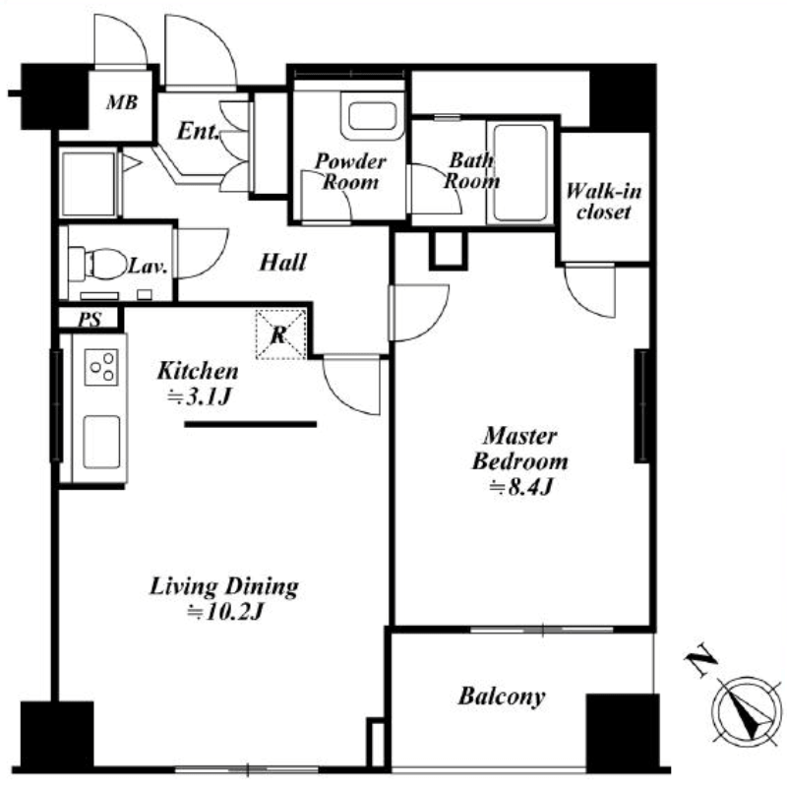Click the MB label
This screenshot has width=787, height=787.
coord(122,102)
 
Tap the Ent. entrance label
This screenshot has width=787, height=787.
coord(198,131)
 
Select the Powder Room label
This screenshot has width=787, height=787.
coord(350,171)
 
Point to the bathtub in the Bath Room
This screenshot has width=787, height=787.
coord(520,172)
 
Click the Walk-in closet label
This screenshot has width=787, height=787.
coord(603,202)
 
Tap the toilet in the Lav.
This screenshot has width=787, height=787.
coord(98,264)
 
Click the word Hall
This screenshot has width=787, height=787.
coord(282,262)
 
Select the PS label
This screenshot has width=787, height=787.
coord(90,319)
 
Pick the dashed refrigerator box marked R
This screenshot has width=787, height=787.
coord(280,334)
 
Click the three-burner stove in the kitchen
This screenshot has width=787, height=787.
coord(101,367)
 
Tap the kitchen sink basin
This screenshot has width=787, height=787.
coord(101,442)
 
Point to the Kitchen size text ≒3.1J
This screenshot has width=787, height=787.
coord(199,397)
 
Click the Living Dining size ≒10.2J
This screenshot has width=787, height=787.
coord(225,612)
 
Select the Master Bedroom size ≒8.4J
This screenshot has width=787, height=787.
coord(521,487)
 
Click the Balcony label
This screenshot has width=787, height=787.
coord(502,696)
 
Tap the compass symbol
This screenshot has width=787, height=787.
coord(747,709)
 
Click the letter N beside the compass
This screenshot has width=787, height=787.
coord(700,658)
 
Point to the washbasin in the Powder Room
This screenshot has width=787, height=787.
coord(373,116)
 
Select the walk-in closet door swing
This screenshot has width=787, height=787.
coord(589,290)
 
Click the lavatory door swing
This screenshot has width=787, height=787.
coord(201,254)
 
